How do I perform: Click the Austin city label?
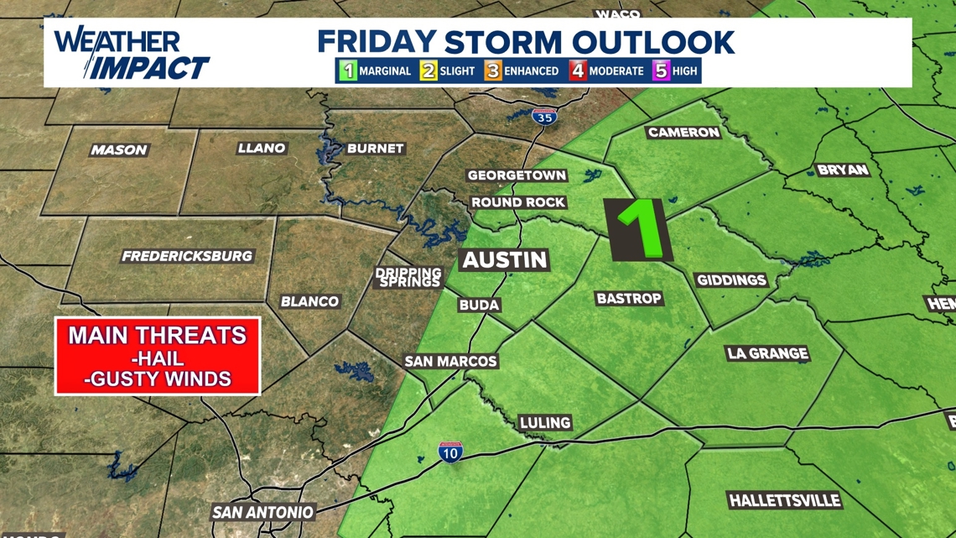click(x=505, y=260)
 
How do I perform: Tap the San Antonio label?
click(x=262, y=512)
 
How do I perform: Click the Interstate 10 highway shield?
click(x=449, y=453)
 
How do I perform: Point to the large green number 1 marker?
click(x=642, y=229)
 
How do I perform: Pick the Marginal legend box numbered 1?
click(x=348, y=71)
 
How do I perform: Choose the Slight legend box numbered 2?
click(x=429, y=71)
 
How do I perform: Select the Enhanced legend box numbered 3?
click(x=492, y=71)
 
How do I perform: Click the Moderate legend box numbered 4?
click(x=578, y=71)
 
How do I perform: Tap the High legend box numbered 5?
click(x=661, y=71)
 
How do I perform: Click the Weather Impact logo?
click(x=130, y=53)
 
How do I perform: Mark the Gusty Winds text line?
click(x=158, y=379)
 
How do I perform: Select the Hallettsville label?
click(x=784, y=501)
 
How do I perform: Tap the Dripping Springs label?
click(x=408, y=278)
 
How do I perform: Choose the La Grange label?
click(x=767, y=353)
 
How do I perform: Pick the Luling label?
click(x=545, y=422)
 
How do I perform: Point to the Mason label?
click(x=119, y=150)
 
